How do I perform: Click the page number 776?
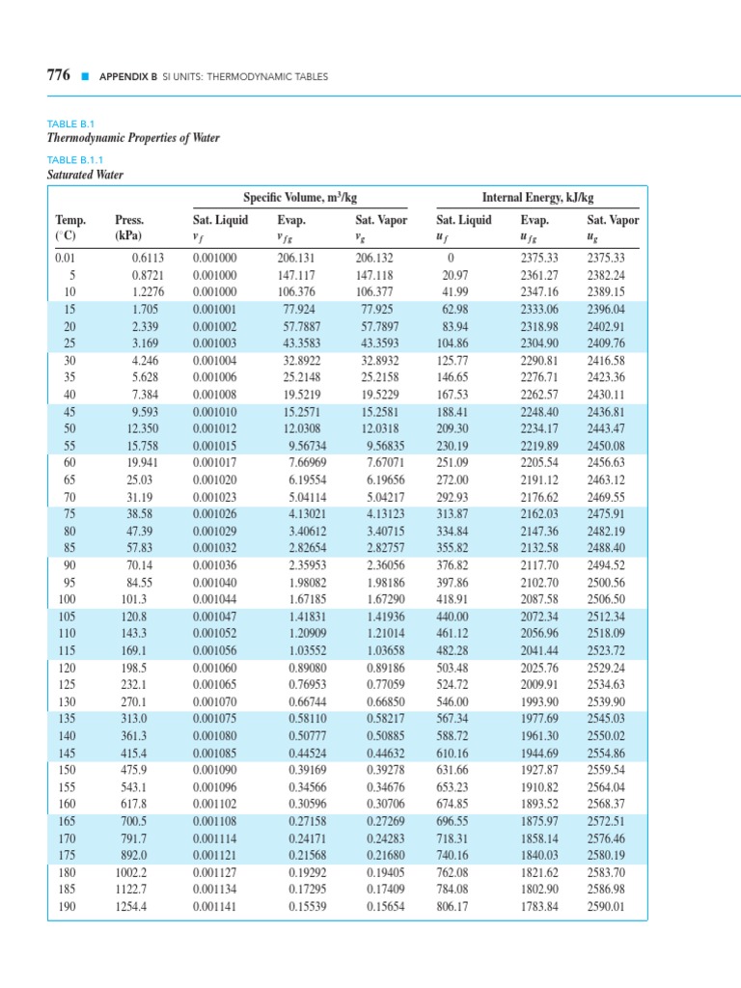coord(59,75)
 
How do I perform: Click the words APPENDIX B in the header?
coord(127,76)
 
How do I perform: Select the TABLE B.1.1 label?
coord(74,160)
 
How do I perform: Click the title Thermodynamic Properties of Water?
coord(133,138)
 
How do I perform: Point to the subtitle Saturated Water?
coord(85,175)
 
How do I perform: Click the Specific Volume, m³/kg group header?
coord(300,197)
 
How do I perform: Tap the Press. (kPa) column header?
coord(128,227)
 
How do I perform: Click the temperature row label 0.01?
coord(65,258)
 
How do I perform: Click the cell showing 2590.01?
coord(606,907)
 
